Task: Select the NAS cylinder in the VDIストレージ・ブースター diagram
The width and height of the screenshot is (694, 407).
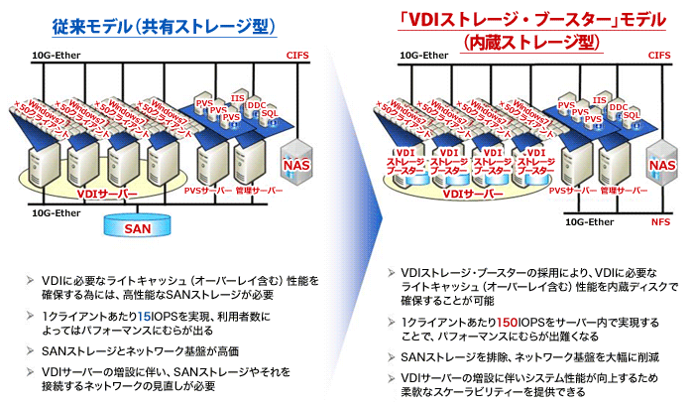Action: click(660, 166)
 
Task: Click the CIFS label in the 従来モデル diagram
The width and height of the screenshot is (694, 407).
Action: click(298, 56)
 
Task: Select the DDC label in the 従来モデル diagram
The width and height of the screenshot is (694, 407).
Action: click(255, 105)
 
